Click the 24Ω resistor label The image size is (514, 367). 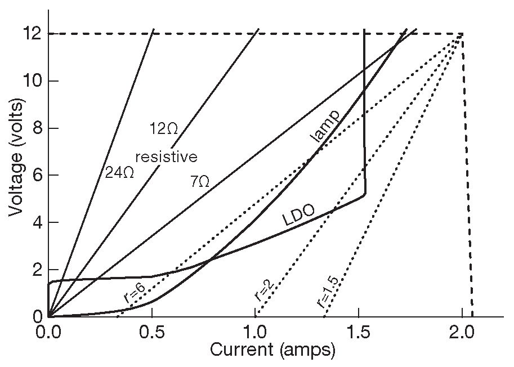tap(119, 172)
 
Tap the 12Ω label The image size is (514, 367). tap(164, 129)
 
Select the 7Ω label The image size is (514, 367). tap(199, 181)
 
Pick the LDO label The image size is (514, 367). tap(297, 216)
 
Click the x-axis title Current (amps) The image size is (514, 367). tap(273, 350)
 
